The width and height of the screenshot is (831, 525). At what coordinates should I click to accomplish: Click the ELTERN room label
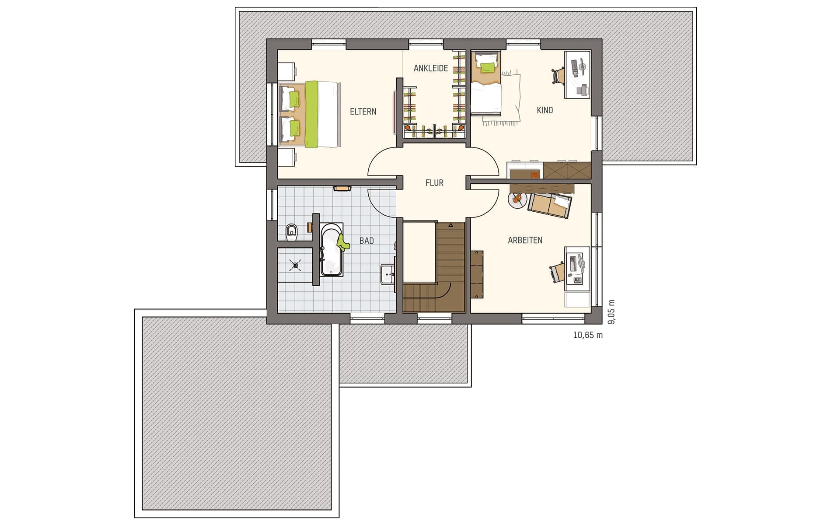point(363,112)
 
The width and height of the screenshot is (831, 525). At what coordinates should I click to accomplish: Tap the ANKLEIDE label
point(431,68)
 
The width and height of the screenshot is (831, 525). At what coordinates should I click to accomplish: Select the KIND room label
point(545,110)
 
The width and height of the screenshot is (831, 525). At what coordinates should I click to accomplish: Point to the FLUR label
point(434,183)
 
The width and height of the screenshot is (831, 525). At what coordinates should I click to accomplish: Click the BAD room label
point(367,241)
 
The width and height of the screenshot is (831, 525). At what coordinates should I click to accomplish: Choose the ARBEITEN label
point(525,240)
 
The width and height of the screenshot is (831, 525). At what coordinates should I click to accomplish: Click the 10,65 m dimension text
point(588,336)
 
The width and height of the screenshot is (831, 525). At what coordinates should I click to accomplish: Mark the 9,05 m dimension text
point(611,312)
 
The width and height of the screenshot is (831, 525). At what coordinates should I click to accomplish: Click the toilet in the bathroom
point(291,232)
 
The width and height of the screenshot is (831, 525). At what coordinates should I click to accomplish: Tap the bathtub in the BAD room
point(332,249)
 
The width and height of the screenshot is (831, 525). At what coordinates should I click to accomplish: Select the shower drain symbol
point(296,264)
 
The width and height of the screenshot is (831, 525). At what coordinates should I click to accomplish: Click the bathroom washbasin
point(388,274)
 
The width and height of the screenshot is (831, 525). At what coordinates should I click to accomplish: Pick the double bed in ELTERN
point(309,114)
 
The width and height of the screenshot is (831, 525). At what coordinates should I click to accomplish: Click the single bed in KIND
point(486,83)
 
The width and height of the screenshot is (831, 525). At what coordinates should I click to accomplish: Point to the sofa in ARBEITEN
point(550,205)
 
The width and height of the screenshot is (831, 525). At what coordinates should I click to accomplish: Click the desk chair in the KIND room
point(559,75)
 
